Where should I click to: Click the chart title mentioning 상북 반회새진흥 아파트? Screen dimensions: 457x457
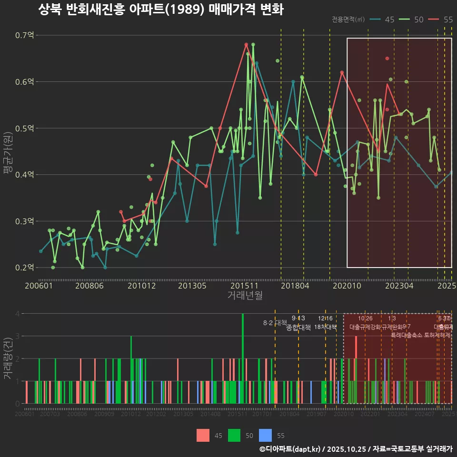(160, 10)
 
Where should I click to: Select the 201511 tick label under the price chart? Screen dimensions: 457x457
(241, 286)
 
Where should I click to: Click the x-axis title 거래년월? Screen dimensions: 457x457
(245, 295)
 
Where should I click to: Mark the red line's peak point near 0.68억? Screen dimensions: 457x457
(246, 44)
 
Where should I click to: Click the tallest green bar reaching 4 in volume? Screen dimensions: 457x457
(243, 358)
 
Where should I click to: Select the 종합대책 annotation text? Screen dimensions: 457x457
(298, 327)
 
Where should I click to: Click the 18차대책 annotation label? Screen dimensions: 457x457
(326, 327)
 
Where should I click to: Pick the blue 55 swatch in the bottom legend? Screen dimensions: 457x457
(265, 435)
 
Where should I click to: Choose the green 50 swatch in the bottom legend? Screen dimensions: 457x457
(234, 435)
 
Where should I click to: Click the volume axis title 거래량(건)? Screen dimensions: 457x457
(7, 358)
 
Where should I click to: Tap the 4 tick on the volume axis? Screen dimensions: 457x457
(17, 314)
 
